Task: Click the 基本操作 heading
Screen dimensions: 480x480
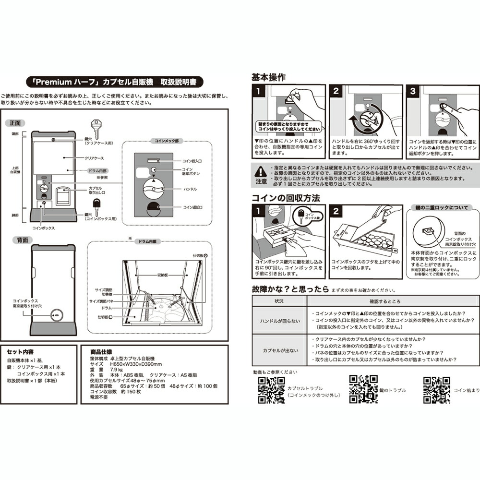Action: click(x=269, y=77)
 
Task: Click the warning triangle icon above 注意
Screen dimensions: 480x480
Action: click(x=261, y=170)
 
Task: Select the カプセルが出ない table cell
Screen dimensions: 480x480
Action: click(x=279, y=350)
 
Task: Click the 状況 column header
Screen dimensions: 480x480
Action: click(x=279, y=301)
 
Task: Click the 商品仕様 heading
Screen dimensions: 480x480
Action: click(x=99, y=351)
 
